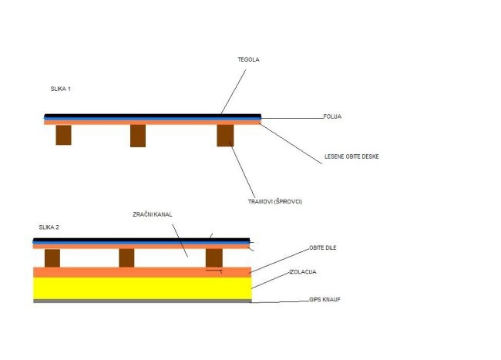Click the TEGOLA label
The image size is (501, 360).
[x=248, y=59]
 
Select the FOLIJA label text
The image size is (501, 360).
[x=332, y=116]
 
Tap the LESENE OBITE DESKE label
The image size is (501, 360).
[x=351, y=156]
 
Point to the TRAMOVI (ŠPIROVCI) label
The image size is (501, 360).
[x=275, y=201]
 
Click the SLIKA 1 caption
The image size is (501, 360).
[x=60, y=89]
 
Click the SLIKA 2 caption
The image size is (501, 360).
[x=49, y=227]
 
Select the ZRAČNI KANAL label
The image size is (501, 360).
[x=153, y=214]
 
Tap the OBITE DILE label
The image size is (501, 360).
[x=323, y=247]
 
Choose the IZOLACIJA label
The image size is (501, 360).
[x=303, y=272]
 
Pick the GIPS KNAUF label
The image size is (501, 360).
[x=324, y=300]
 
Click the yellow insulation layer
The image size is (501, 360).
[x=143, y=288]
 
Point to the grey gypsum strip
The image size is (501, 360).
[x=143, y=301]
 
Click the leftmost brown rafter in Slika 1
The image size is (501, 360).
[x=63, y=135]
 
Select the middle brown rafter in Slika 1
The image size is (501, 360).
[x=138, y=136]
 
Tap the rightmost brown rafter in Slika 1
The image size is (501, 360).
[x=225, y=136]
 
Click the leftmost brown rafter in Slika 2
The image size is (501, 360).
[x=52, y=258]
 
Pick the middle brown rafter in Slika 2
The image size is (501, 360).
[x=126, y=258]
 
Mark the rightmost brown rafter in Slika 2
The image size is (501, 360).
[x=214, y=258]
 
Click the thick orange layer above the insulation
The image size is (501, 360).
[x=143, y=272]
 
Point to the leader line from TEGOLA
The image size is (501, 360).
[x=234, y=92]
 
